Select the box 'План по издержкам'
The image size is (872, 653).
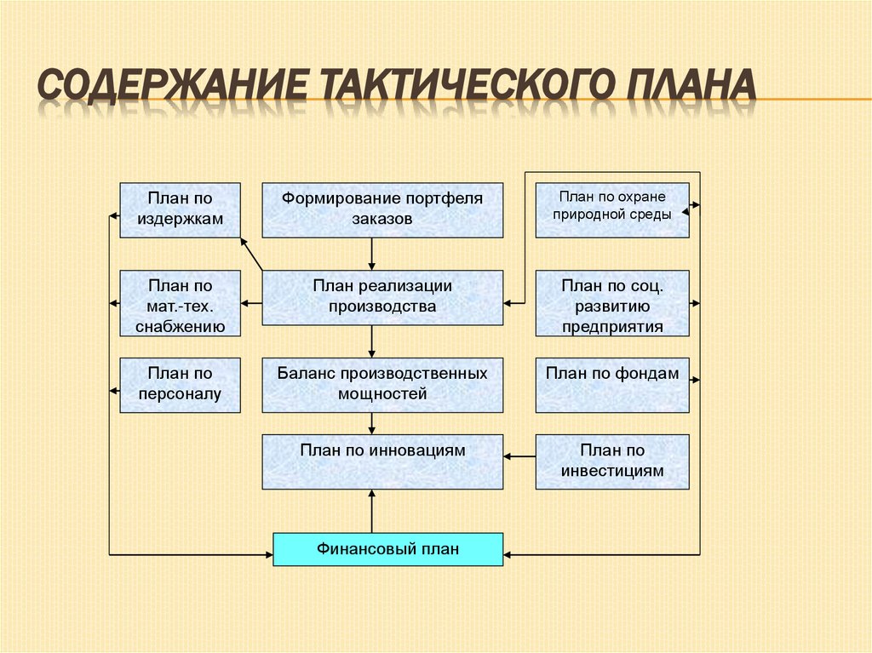pos(180,209)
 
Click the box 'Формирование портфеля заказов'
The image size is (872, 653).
pos(382,209)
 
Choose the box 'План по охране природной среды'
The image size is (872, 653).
pos(612,209)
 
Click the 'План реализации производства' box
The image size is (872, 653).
pos(382,297)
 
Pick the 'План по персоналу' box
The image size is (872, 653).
pos(180,385)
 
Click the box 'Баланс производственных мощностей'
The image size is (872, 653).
pos(382,385)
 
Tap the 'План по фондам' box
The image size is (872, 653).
pos(612,385)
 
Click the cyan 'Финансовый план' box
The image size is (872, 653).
pos(387,549)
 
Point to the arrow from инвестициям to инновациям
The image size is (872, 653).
pos(519,457)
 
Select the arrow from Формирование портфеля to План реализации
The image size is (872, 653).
pos(372,254)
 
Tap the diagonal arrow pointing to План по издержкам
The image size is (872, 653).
pos(251,254)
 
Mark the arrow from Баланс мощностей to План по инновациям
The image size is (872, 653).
pos(372,423)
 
